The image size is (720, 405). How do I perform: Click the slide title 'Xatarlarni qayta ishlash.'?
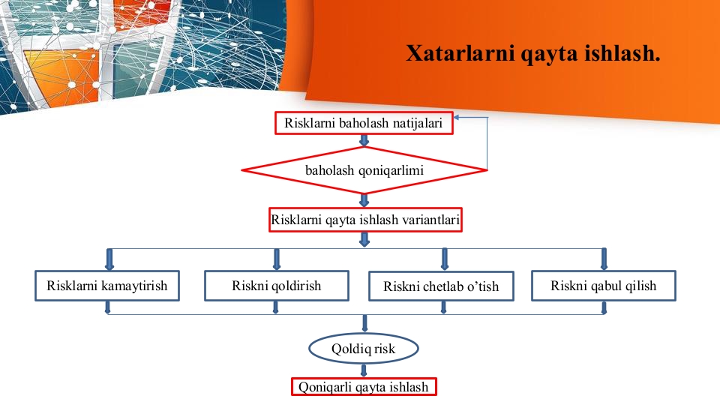pyautogui.click(x=532, y=53)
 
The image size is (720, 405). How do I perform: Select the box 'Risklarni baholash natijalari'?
pyautogui.click(x=364, y=123)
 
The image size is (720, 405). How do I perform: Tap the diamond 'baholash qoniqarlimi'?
pyautogui.click(x=364, y=170)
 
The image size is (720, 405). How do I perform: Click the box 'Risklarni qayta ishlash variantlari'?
pyautogui.click(x=365, y=220)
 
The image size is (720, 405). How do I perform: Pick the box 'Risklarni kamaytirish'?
pyautogui.click(x=107, y=286)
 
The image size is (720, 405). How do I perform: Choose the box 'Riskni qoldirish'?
pyautogui.click(x=277, y=286)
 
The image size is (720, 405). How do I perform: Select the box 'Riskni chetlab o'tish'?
pyautogui.click(x=441, y=286)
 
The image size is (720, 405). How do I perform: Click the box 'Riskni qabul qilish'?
pyautogui.click(x=603, y=286)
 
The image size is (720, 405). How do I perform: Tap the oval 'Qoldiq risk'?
pyautogui.click(x=364, y=349)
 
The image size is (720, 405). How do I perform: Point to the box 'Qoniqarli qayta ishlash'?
pyautogui.click(x=364, y=387)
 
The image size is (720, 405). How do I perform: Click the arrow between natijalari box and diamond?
pyautogui.click(x=364, y=140)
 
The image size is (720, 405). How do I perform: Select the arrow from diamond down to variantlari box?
pyautogui.click(x=364, y=201)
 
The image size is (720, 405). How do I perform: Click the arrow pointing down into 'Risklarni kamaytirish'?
pyautogui.click(x=109, y=259)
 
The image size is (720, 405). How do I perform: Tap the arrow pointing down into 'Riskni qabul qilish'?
pyautogui.click(x=604, y=259)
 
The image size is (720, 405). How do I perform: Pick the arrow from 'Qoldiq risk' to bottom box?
pyautogui.click(x=364, y=370)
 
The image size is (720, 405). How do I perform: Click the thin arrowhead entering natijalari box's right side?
pyautogui.click(x=457, y=118)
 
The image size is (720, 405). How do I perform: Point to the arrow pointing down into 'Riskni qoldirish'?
pyautogui.click(x=277, y=259)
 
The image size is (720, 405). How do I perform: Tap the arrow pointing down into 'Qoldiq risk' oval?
pyautogui.click(x=364, y=324)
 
